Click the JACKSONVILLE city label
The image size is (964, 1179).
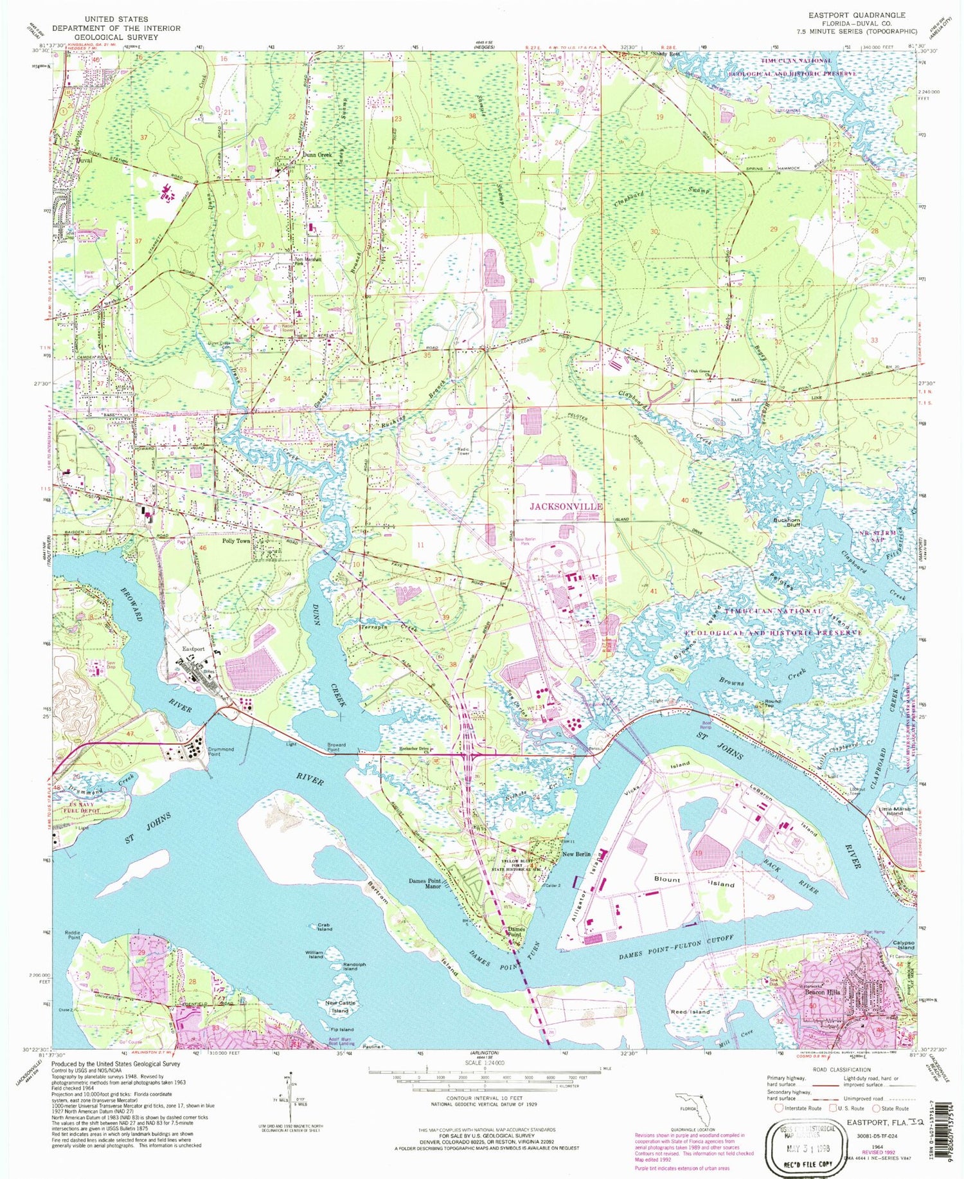566,506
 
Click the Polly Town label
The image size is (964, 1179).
236,541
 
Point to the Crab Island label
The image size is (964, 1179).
325,927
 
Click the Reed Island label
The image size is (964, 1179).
690,1012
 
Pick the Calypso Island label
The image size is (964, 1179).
902,946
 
